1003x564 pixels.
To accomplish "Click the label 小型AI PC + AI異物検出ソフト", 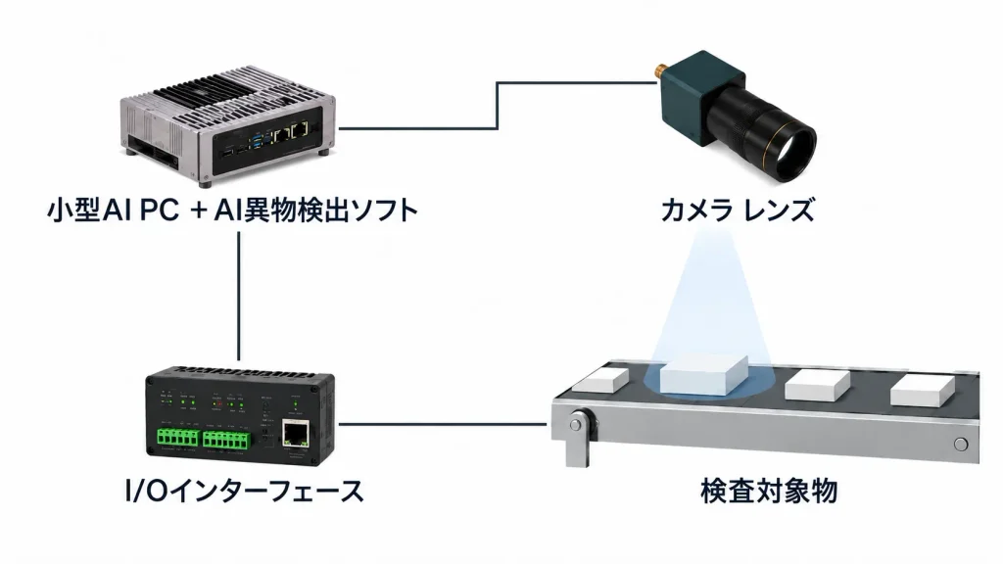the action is coord(233,210).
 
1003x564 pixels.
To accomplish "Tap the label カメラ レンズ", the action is coord(738,210).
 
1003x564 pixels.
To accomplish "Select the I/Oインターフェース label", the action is coord(245,492).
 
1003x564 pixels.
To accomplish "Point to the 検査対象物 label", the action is coord(769,492).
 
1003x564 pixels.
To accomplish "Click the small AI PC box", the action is coord(227,124).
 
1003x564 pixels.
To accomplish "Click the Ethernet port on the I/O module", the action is coord(294,434).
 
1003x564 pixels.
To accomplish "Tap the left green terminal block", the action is coord(177,439).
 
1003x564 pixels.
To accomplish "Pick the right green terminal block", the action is coord(226,440).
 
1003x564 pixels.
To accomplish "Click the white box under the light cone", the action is coord(703,375).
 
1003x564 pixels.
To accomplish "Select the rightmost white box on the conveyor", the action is coord(923,390).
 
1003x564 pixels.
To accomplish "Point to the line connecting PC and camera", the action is coord(497,106).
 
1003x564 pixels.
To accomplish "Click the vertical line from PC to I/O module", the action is coord(239,296).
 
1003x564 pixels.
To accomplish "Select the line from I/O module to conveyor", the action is coord(443,423).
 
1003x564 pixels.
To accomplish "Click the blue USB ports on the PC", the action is coord(258,139).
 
